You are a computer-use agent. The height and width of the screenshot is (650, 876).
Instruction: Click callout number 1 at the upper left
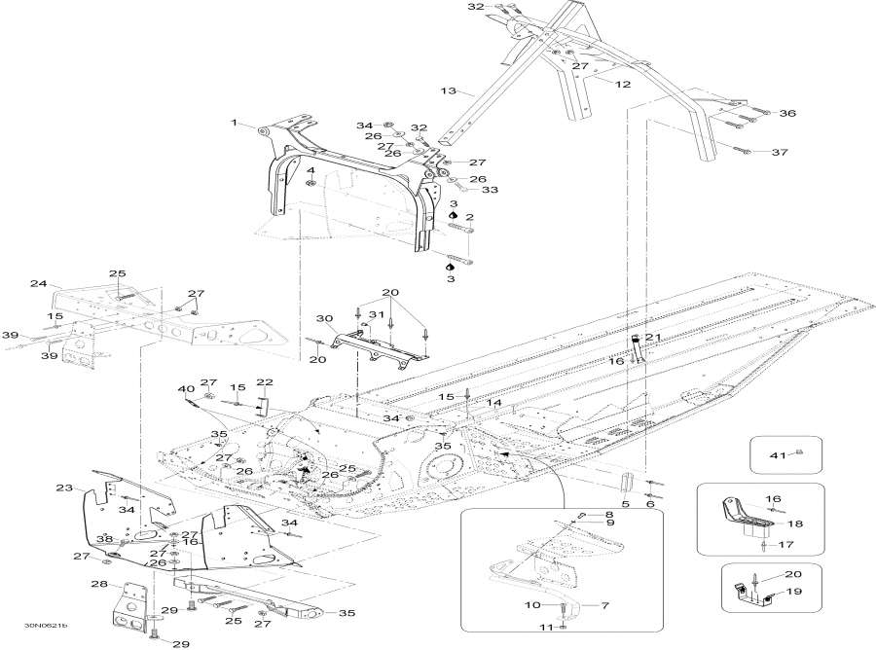234,123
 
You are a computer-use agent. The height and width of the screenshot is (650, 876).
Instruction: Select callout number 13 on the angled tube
448,90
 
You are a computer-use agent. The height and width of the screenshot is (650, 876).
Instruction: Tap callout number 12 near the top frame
623,85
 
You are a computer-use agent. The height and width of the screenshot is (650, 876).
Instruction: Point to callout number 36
786,114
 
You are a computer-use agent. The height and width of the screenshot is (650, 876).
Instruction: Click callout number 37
780,153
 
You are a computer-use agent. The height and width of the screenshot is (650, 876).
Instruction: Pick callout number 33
489,190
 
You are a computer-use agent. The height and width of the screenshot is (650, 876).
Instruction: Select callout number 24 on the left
39,284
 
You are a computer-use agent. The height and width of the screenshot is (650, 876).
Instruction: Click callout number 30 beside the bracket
324,318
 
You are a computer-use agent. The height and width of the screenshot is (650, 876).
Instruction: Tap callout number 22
264,381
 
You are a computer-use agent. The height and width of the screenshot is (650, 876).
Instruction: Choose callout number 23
64,487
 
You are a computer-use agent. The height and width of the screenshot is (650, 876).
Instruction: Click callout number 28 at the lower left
98,584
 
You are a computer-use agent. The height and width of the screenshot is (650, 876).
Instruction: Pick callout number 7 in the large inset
604,605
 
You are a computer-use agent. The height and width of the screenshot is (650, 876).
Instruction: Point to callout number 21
653,337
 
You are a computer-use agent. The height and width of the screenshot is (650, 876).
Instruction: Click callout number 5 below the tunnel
626,504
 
